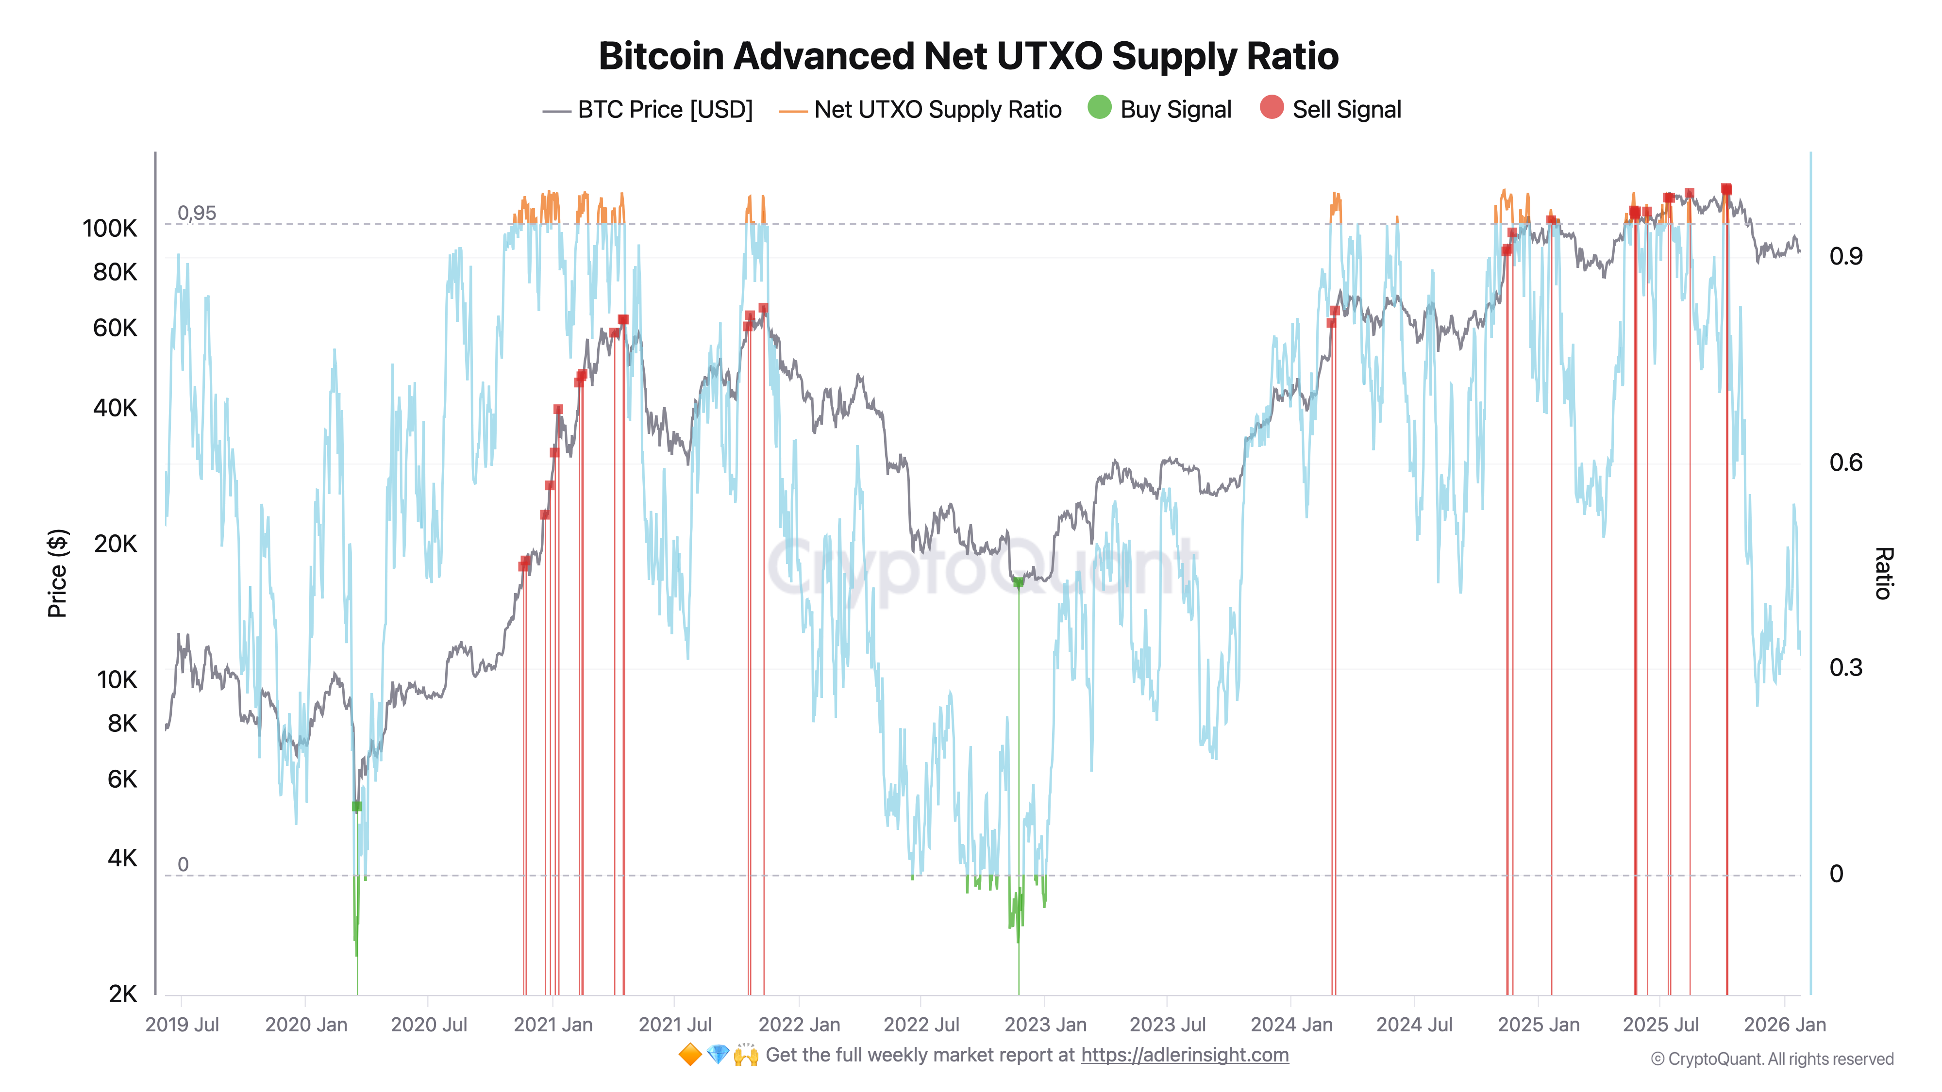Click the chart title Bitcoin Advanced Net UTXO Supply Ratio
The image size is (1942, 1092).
point(968,56)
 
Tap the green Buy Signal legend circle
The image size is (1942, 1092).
point(1099,108)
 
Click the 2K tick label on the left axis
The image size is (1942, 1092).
point(122,994)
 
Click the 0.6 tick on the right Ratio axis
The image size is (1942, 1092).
point(1845,462)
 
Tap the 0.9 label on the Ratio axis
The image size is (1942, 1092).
point(1845,256)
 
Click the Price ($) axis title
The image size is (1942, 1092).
point(57,573)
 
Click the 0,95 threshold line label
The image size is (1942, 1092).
point(196,213)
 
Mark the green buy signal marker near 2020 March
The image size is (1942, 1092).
point(356,806)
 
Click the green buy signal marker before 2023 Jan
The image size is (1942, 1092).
point(1019,582)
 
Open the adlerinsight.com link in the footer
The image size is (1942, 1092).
point(1184,1055)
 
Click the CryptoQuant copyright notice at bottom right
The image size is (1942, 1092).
point(1772,1059)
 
